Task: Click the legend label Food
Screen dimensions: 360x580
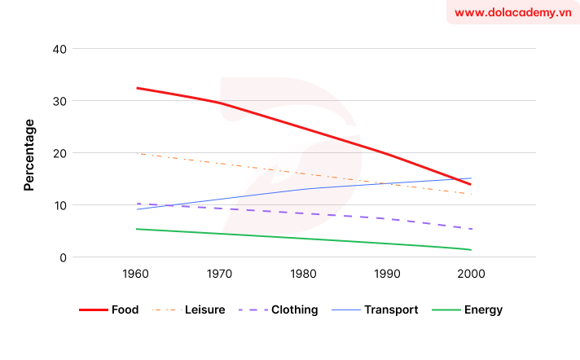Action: pos(126,310)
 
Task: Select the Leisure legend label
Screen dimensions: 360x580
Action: pos(204,310)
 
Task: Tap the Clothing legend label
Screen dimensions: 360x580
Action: pos(294,310)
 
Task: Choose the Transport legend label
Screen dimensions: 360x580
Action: pos(391,310)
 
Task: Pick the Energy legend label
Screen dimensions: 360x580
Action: pos(483,310)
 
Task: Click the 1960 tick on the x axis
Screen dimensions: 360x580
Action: pos(137,274)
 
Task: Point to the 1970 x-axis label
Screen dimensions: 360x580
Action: pos(221,274)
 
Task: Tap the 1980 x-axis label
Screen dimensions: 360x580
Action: pos(304,274)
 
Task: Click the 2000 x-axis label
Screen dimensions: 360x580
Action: pos(471,274)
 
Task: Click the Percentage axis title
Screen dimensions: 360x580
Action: pos(29,155)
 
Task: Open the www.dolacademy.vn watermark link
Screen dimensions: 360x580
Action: pos(512,13)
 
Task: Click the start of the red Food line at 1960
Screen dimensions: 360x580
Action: pos(137,88)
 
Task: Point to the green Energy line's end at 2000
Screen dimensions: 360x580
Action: pos(471,250)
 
